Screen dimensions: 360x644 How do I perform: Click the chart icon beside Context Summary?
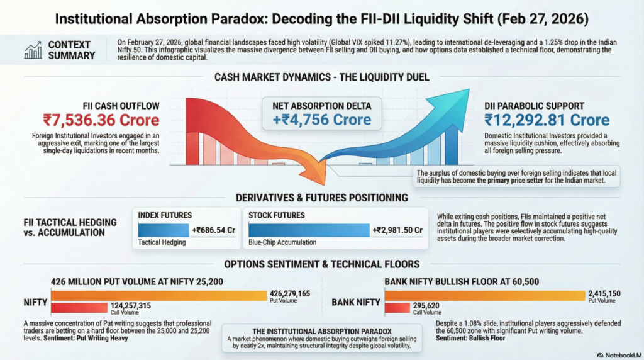pyautogui.click(x=33, y=50)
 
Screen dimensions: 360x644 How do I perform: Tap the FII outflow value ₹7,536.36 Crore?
pyautogui.click(x=101, y=120)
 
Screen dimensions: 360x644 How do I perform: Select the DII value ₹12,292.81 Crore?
pyautogui.click(x=547, y=120)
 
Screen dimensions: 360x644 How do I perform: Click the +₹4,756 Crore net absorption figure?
pyautogui.click(x=321, y=119)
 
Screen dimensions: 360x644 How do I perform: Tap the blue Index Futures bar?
pyautogui.click(x=163, y=230)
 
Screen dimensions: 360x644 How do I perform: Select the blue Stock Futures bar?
pyautogui.click(x=306, y=230)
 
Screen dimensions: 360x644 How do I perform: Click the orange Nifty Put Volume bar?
pyautogui.click(x=158, y=295)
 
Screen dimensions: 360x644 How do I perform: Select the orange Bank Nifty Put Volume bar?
pyautogui.click(x=484, y=295)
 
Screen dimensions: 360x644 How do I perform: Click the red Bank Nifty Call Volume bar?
pyautogui.click(x=396, y=307)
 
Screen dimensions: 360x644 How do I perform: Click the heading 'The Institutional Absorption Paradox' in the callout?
pyautogui.click(x=321, y=330)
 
